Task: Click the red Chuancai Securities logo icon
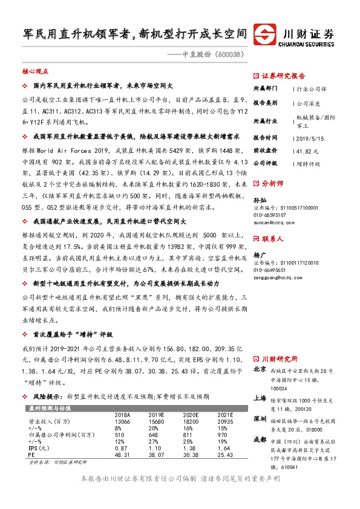pyautogui.click(x=264, y=32)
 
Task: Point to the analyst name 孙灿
pyautogui.click(x=260, y=216)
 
